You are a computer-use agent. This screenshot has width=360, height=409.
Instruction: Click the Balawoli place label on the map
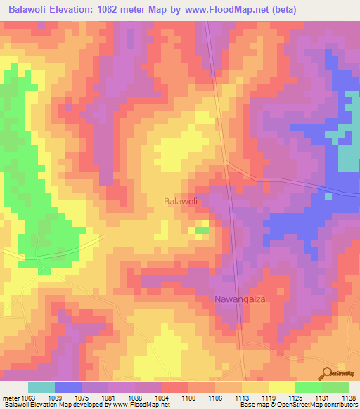point(179,201)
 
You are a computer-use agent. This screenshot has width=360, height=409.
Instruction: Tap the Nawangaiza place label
point(241,299)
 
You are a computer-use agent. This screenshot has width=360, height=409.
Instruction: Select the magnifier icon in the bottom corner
point(328,373)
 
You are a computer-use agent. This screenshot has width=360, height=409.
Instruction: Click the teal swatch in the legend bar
point(41,388)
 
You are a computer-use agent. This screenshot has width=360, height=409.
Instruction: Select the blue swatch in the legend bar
point(67,388)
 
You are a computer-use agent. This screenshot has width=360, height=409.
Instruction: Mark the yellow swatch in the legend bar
point(281,388)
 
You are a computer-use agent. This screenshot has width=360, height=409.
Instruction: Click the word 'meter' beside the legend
point(10,398)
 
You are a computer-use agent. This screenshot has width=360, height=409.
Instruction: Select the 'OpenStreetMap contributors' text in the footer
point(320,405)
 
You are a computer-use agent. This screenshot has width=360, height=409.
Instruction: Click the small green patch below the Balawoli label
point(202,231)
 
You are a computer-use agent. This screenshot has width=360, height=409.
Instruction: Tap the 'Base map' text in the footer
point(252,405)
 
